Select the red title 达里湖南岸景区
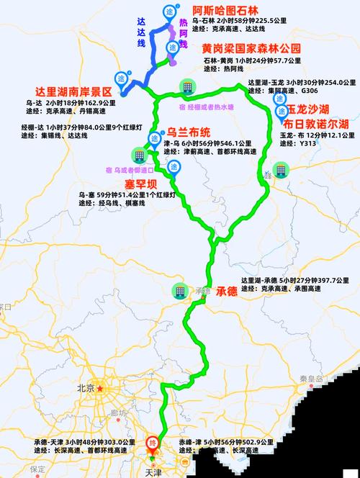point(74,92)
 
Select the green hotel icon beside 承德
point(177,292)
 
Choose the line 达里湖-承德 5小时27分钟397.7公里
point(301,279)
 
